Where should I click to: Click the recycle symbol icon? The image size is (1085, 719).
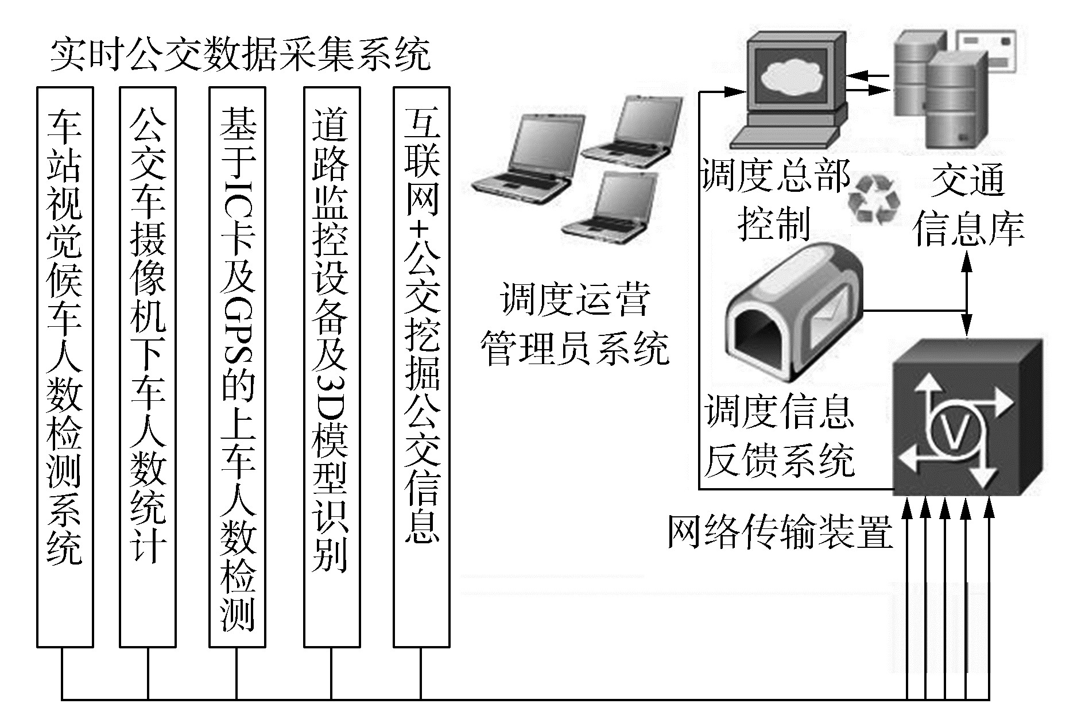(874, 199)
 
